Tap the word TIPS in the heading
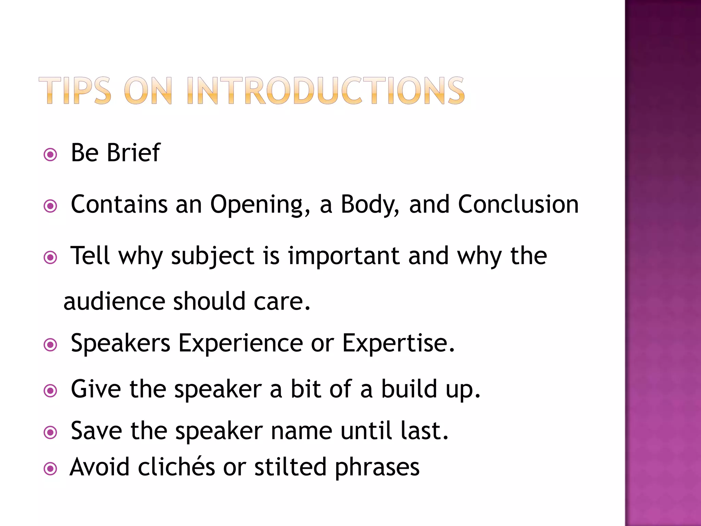click(x=75, y=90)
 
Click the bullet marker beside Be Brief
click(x=51, y=155)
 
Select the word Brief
click(x=133, y=153)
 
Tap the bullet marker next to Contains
click(x=51, y=206)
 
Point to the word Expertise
click(x=398, y=343)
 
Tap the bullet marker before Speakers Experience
click(x=51, y=345)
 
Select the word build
click(x=409, y=389)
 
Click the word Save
click(x=96, y=431)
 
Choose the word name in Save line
click(x=302, y=431)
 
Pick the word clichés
click(x=176, y=467)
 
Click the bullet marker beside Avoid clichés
click(x=51, y=468)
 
